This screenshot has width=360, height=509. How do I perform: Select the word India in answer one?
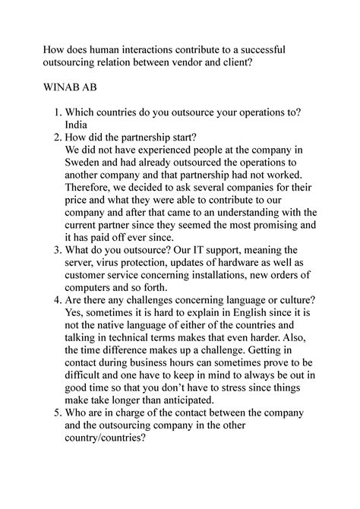coord(79,125)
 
